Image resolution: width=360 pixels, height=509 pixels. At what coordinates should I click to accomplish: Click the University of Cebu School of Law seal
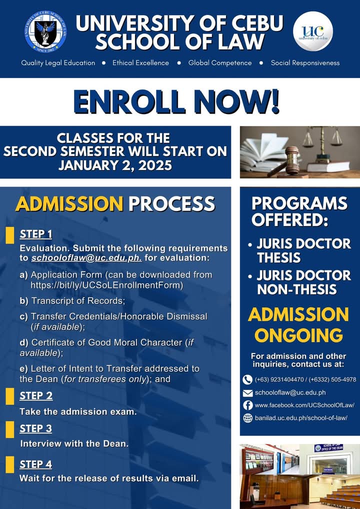(x=45, y=31)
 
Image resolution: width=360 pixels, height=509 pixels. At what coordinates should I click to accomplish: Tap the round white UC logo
(x=313, y=31)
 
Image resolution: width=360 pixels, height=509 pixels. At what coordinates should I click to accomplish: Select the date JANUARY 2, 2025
(x=115, y=165)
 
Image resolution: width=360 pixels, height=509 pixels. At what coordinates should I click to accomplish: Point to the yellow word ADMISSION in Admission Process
(x=69, y=204)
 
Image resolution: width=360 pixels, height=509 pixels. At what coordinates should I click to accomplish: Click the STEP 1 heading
(x=35, y=234)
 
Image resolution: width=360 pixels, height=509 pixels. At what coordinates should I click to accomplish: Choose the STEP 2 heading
(x=35, y=396)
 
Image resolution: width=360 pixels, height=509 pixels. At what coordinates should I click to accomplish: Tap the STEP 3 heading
(x=35, y=428)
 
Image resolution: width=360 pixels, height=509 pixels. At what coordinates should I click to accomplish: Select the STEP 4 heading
(x=35, y=464)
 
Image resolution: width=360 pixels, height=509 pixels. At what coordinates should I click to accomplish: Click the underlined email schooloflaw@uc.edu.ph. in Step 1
(x=86, y=258)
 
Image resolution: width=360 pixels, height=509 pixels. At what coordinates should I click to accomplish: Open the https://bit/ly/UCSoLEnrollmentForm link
(x=107, y=285)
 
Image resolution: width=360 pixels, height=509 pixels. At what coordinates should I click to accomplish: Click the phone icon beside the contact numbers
(x=247, y=379)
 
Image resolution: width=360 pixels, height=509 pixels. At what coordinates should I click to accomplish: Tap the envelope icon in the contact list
(x=247, y=393)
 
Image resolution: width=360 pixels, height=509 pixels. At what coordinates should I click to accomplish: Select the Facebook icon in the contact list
(x=247, y=405)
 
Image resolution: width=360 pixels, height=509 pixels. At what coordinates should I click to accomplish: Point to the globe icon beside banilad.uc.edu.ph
(x=247, y=418)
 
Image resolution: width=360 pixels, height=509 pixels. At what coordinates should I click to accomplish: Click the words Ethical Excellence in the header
(x=140, y=63)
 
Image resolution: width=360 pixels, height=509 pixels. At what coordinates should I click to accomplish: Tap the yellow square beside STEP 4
(x=10, y=464)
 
